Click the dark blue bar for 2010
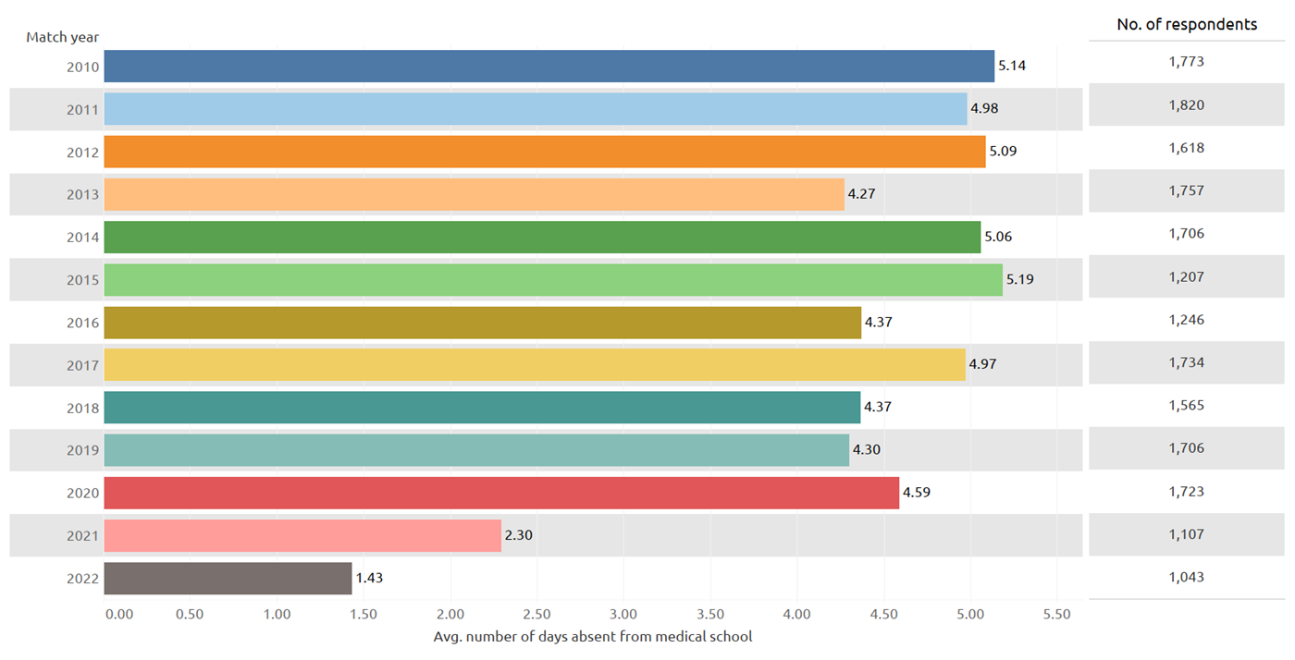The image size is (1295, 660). pyautogui.click(x=549, y=66)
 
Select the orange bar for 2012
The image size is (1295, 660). pyautogui.click(x=545, y=152)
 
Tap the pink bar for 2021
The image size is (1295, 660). pyautogui.click(x=302, y=535)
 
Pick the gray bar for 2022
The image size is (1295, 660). pyautogui.click(x=228, y=578)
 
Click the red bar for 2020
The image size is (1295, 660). pyautogui.click(x=501, y=493)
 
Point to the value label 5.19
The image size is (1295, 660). pyautogui.click(x=1019, y=280)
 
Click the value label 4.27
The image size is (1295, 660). pyautogui.click(x=861, y=194)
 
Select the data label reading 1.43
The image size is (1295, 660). pyautogui.click(x=369, y=578)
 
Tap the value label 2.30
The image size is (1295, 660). pyautogui.click(x=519, y=535)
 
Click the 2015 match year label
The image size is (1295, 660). pyautogui.click(x=82, y=280)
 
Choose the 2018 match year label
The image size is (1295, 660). pyautogui.click(x=82, y=409)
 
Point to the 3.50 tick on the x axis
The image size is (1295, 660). pyautogui.click(x=710, y=615)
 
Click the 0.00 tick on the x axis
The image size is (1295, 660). pyautogui.click(x=119, y=615)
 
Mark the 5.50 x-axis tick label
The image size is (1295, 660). pyautogui.click(x=1056, y=615)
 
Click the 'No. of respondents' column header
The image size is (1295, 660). pyautogui.click(x=1187, y=24)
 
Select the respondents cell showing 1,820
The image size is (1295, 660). pyautogui.click(x=1186, y=105)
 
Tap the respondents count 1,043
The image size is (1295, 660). pyautogui.click(x=1186, y=577)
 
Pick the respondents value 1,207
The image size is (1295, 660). pyautogui.click(x=1186, y=276)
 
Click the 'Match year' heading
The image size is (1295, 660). pyautogui.click(x=63, y=38)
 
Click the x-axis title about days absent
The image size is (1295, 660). pyautogui.click(x=593, y=637)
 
